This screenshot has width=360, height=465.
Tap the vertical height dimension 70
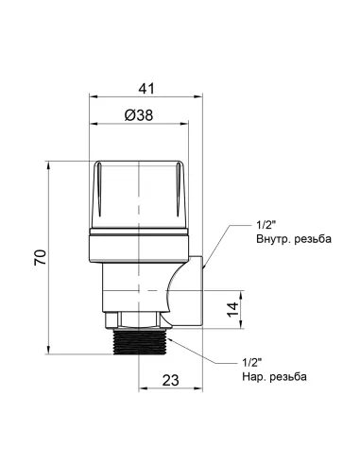pyautogui.click(x=38, y=258)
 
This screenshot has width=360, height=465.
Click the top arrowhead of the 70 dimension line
pyautogui.click(x=48, y=163)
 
